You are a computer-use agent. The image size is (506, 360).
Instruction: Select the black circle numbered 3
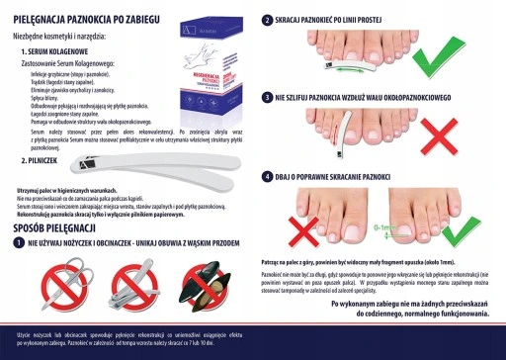267,98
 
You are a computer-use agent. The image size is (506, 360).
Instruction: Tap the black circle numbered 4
267,176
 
